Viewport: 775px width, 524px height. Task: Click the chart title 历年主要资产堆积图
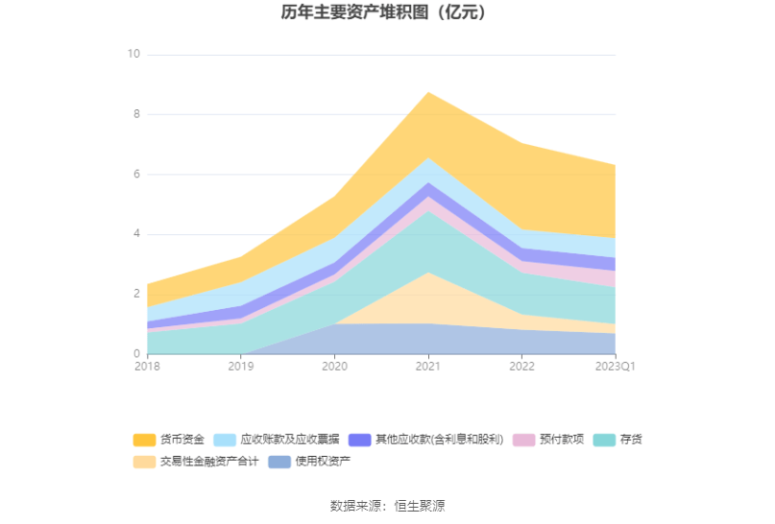pos(387,13)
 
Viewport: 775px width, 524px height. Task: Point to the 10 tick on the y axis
pos(133,55)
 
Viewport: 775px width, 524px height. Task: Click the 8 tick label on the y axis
pos(136,114)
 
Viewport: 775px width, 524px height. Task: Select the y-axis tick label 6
pos(136,175)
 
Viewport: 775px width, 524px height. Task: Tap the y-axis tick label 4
pos(136,234)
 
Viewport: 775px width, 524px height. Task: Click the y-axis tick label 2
pos(136,294)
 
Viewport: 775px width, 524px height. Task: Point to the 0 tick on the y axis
pos(136,354)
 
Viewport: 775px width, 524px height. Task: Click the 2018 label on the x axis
pos(148,367)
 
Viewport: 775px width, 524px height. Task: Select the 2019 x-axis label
pos(241,367)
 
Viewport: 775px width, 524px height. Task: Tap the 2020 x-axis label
pos(334,367)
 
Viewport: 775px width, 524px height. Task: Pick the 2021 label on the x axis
pos(427,367)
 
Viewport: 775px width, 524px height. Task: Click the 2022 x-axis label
pos(521,367)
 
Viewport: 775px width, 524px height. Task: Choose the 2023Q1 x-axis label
pos(615,367)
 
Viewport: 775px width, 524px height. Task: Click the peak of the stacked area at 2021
pos(427,92)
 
